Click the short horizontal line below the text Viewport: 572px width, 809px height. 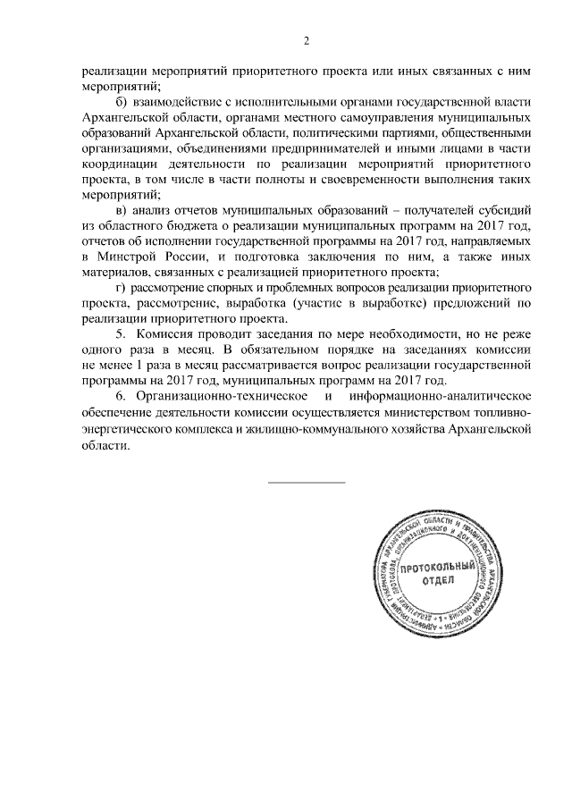pyautogui.click(x=307, y=483)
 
